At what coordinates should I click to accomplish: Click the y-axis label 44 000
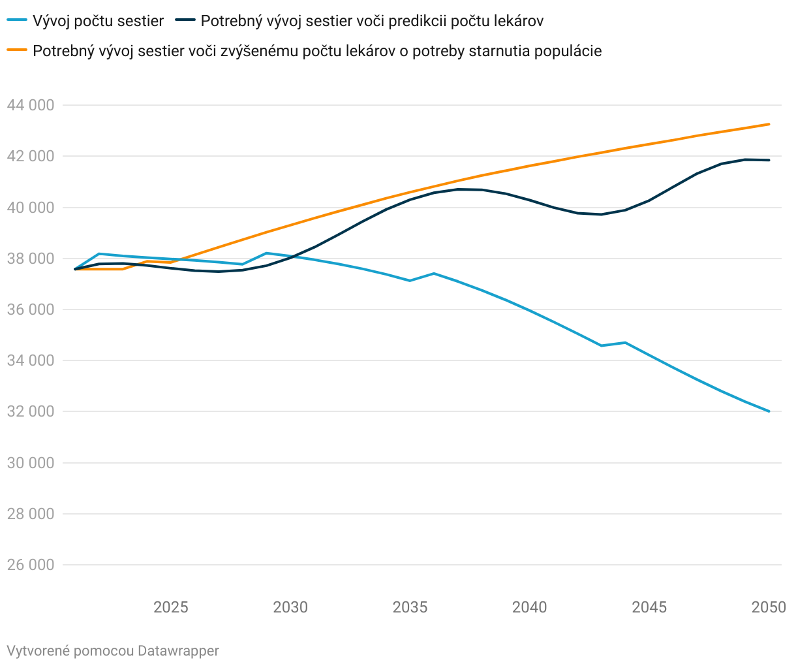[x=30, y=105]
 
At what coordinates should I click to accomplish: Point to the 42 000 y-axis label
[x=30, y=156]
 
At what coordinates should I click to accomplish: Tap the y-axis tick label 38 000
[x=30, y=259]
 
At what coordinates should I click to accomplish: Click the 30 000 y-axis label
[x=30, y=463]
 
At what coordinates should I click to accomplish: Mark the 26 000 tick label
[x=30, y=565]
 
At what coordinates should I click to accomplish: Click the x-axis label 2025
[x=170, y=608]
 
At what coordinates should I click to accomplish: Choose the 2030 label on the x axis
[x=290, y=608]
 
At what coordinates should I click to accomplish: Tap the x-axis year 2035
[x=410, y=608]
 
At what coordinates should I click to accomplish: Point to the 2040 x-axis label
[x=530, y=608]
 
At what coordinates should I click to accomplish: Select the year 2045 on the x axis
[x=649, y=608]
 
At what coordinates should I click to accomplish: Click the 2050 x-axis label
[x=769, y=608]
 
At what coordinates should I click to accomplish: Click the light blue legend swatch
[x=17, y=21]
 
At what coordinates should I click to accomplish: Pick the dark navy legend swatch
[x=185, y=21]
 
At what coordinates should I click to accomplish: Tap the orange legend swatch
[x=17, y=51]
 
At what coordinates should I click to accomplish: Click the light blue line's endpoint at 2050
[x=769, y=411]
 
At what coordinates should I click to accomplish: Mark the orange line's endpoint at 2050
[x=769, y=124]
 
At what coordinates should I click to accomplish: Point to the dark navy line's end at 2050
[x=769, y=160]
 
